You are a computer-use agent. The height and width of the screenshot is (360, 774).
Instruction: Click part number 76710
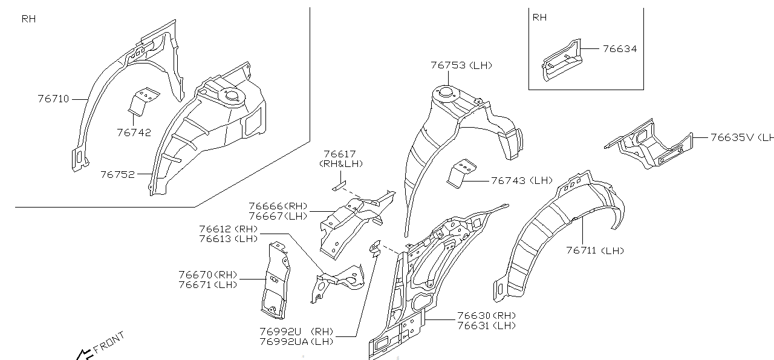click(x=53, y=99)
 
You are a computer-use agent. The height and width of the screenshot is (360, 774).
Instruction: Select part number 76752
click(x=117, y=174)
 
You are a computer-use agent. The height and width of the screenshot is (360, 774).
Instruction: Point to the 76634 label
click(x=619, y=49)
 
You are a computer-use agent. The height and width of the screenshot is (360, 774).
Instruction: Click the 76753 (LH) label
click(x=461, y=65)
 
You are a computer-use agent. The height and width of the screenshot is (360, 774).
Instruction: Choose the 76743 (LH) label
click(x=522, y=180)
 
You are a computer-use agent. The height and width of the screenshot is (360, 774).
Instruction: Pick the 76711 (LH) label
click(x=594, y=250)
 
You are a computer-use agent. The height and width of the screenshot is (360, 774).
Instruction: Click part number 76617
click(x=339, y=155)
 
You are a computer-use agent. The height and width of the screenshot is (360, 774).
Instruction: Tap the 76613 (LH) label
click(x=228, y=238)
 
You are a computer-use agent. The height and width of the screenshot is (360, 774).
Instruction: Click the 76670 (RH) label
click(x=207, y=275)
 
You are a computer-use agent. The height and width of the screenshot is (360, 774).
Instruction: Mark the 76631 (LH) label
click(x=486, y=326)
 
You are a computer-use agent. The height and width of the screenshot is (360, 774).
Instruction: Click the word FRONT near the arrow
click(x=109, y=342)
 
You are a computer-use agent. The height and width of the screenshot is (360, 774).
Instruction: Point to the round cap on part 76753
click(x=446, y=92)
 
